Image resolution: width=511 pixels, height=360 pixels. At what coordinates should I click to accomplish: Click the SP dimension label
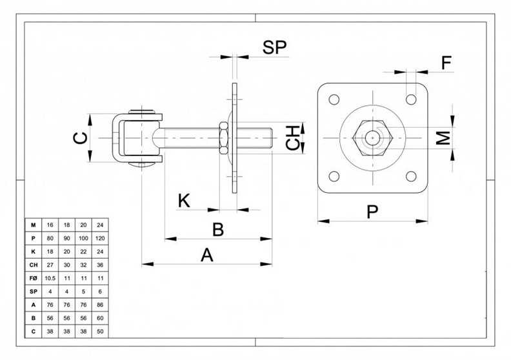[275, 48]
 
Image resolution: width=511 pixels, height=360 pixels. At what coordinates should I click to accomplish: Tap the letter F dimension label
[446, 63]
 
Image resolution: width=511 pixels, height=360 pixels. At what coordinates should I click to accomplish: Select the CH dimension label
[293, 138]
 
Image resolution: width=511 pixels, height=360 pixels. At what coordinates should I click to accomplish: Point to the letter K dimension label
[184, 201]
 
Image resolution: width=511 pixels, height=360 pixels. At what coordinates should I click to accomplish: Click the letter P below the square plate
[372, 212]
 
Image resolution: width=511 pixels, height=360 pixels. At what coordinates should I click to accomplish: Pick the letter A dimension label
[207, 255]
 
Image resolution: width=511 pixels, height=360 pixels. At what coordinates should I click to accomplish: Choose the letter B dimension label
[218, 230]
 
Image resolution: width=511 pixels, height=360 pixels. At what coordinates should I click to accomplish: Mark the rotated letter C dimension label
[80, 138]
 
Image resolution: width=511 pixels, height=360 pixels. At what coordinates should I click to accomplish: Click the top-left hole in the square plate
[334, 99]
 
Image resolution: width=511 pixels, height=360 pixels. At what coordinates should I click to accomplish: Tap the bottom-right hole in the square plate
[411, 176]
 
